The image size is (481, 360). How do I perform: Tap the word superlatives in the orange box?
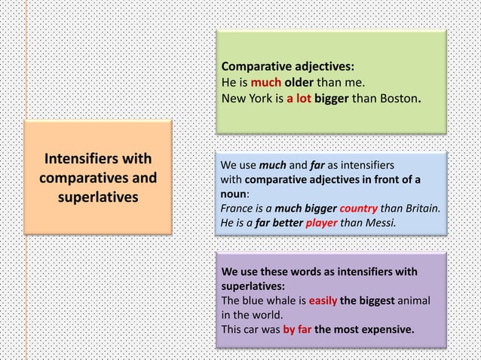coord(97,197)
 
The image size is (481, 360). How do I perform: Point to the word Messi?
coord(378,223)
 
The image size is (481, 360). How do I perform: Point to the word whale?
coord(278,301)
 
